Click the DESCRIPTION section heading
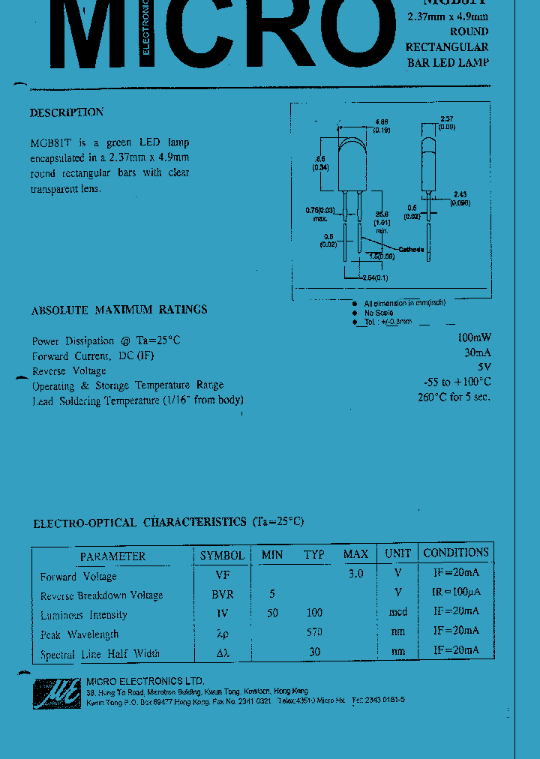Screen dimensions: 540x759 (67, 112)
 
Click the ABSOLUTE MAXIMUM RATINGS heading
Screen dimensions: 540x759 (119, 310)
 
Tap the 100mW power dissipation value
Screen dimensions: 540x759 (473, 337)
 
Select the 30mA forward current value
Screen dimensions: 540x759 (477, 352)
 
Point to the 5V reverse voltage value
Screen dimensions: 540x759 (484, 367)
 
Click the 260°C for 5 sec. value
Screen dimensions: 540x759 (454, 397)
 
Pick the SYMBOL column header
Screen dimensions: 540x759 (222, 555)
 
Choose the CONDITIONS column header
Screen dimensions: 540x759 (455, 553)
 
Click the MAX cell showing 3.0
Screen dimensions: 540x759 (355, 574)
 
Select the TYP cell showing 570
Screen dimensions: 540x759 (314, 632)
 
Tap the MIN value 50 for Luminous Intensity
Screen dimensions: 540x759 (272, 613)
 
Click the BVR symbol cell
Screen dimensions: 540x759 (223, 594)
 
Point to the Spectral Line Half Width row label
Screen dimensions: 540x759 (100, 654)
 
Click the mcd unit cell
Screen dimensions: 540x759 (397, 613)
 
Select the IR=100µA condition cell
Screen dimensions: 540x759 (455, 592)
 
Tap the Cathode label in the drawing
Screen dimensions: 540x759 (411, 250)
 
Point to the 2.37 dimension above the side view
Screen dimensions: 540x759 (447, 118)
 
